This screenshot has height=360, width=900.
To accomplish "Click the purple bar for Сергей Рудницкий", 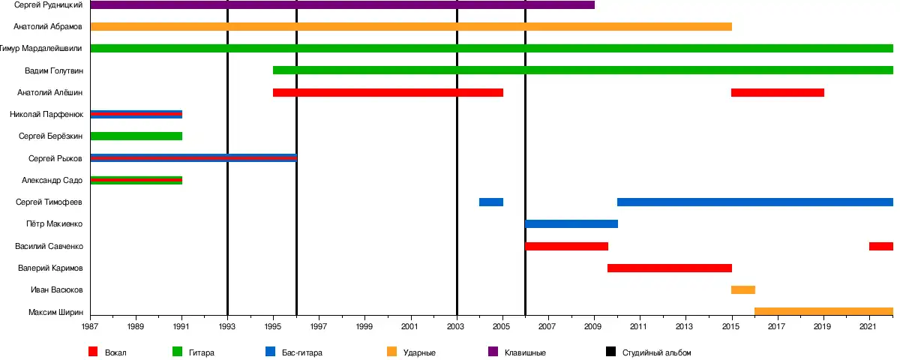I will tap(342, 5).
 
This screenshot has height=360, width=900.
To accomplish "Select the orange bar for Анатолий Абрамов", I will tap(411, 27).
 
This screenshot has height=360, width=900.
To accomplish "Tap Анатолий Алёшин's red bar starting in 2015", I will tap(778, 93).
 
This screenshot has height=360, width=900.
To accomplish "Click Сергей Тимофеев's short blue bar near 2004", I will tap(491, 202).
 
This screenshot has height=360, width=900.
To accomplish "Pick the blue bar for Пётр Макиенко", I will tap(571, 223).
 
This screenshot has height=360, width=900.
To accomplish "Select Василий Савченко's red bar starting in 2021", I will tap(881, 246).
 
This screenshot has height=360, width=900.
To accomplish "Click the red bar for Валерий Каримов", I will tap(670, 268).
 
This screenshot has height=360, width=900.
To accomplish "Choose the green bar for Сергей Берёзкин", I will tap(136, 136).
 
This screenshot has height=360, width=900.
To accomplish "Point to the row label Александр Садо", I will tap(51, 180).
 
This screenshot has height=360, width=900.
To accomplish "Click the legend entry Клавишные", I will tap(524, 352).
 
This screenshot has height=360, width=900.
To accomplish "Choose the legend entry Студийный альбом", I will tap(656, 352).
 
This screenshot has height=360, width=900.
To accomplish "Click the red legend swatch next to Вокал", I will tap(94, 352).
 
